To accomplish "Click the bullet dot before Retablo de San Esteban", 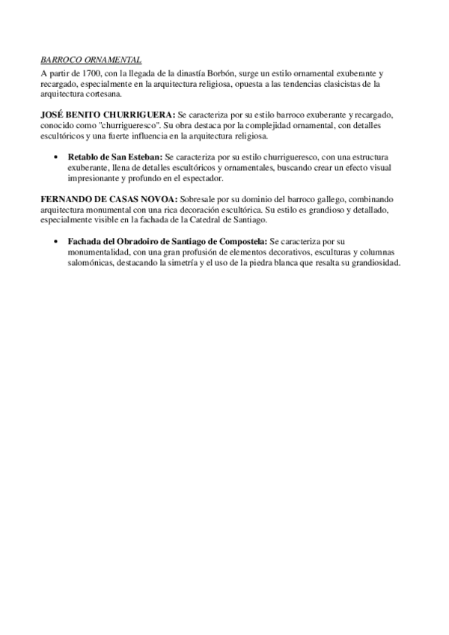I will click(x=58, y=158).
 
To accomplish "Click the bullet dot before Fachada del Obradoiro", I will click(x=58, y=243).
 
